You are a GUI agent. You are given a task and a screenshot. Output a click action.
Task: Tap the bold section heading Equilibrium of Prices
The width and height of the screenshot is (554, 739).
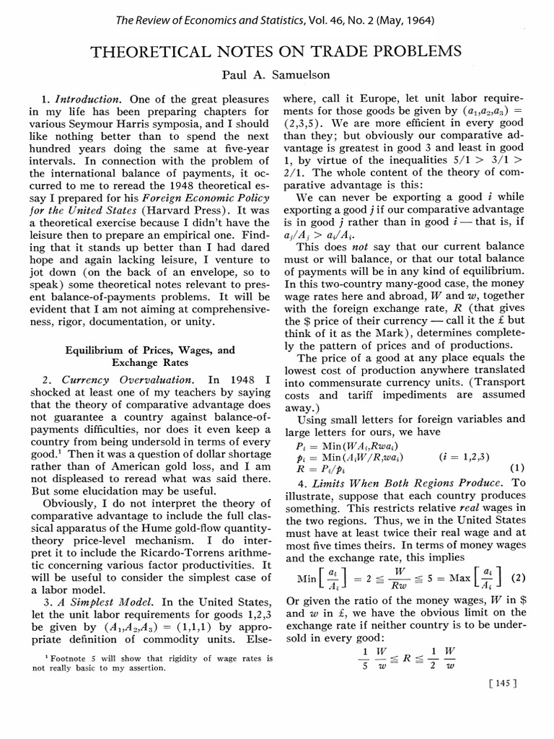pyautogui.click(x=150, y=350)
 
